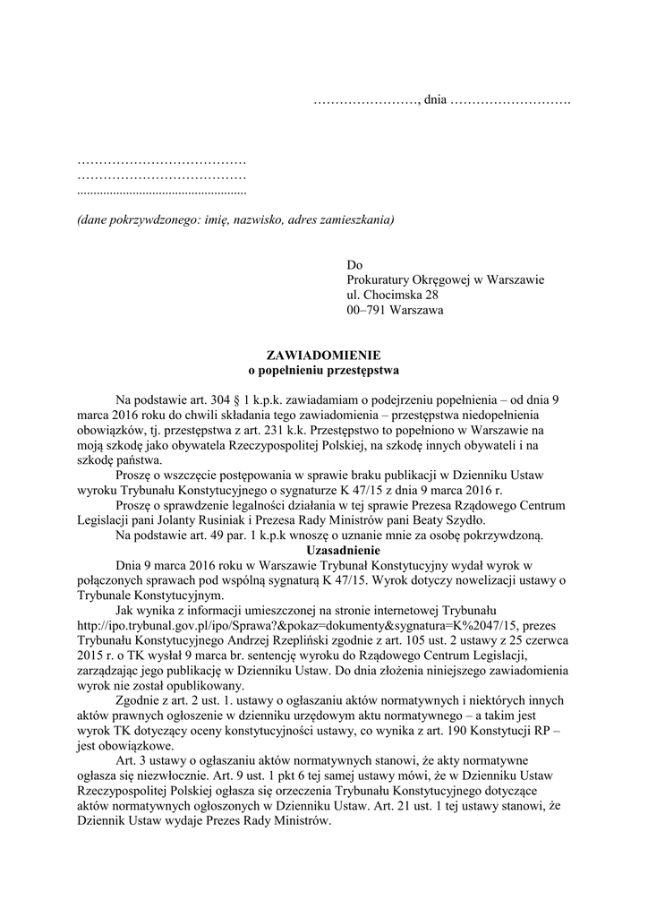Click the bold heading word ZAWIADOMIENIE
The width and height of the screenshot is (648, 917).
pyautogui.click(x=324, y=355)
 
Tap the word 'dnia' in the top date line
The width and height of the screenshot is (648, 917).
pyautogui.click(x=435, y=97)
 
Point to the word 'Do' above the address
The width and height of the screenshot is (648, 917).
pyautogui.click(x=354, y=265)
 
